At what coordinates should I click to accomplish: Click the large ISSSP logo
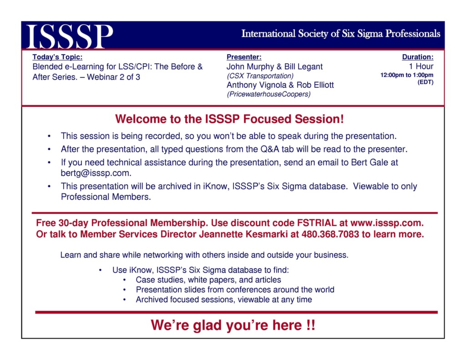(70, 36)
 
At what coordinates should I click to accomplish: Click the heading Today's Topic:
(57, 57)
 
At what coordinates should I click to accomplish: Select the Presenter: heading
(244, 57)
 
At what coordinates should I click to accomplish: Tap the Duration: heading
(417, 57)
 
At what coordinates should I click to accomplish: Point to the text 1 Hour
(421, 66)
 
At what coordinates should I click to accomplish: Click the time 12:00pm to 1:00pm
(407, 75)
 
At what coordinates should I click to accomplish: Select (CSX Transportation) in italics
(260, 76)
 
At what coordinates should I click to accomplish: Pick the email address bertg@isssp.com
(96, 173)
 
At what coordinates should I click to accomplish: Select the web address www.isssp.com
(387, 223)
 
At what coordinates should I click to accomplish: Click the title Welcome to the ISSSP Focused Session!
(229, 120)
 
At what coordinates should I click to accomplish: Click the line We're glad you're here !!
(233, 325)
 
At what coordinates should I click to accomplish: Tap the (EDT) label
(425, 82)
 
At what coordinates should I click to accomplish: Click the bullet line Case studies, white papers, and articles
(208, 280)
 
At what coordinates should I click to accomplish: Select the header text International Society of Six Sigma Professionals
(340, 34)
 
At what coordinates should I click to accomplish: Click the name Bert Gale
(370, 162)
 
